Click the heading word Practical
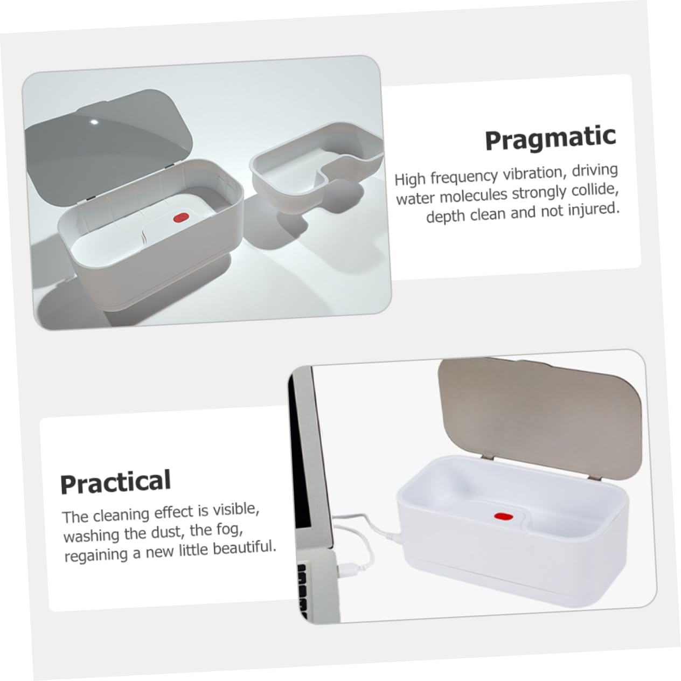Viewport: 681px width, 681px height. (x=115, y=481)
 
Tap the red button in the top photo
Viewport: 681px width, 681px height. (x=181, y=218)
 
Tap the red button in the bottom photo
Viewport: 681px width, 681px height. (x=504, y=517)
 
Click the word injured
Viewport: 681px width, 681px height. (x=594, y=209)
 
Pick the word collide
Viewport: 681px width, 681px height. (x=595, y=191)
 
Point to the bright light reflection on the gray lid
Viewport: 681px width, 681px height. (x=94, y=122)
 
